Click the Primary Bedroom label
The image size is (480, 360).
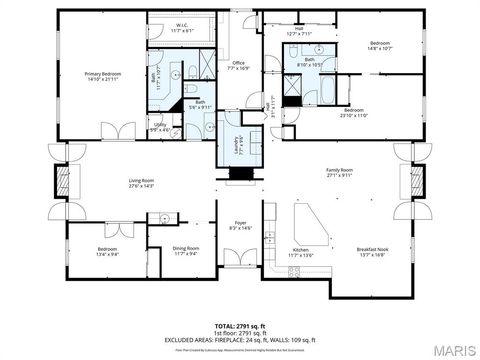101,76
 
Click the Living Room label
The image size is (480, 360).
141,183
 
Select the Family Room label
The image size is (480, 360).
340,173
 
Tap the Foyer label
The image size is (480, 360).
240,225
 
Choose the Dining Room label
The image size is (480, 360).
186,250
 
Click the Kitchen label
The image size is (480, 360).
301,252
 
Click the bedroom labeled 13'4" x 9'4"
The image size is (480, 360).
108,250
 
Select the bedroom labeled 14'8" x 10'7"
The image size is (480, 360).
380,46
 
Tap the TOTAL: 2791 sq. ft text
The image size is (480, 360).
240,326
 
